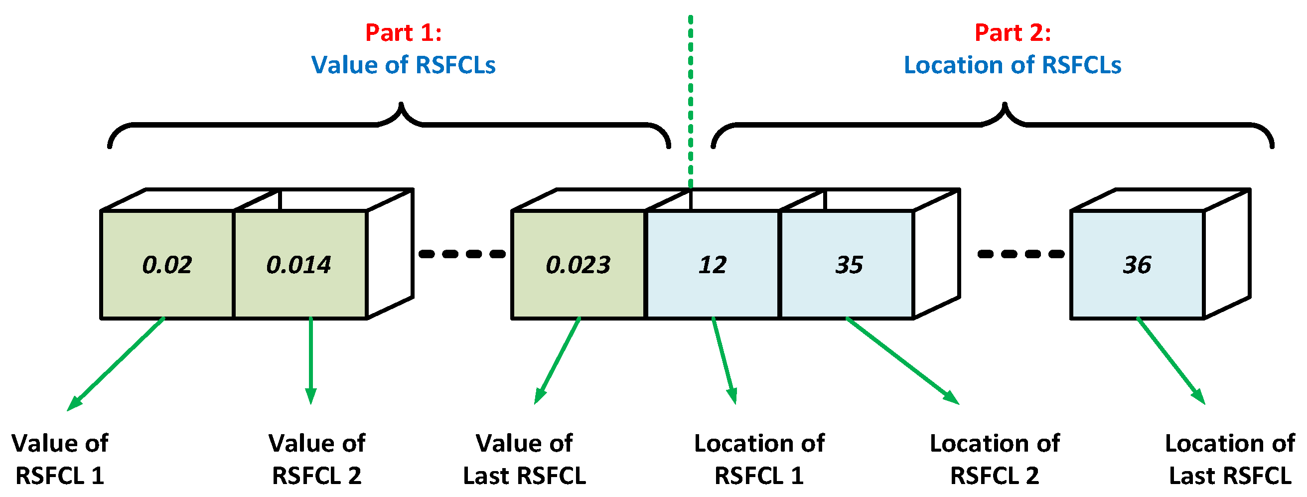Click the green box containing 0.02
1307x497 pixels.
167,265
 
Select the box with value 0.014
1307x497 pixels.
299,265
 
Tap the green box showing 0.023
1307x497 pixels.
578,265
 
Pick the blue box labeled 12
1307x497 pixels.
713,265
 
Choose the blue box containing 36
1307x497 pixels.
1137,265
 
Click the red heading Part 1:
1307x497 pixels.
404,32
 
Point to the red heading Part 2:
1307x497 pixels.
1012,32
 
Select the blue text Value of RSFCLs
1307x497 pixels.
404,65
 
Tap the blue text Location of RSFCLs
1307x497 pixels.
1012,65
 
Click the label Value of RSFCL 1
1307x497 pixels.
60,460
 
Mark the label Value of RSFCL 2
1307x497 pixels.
316,460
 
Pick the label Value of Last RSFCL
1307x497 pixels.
524,460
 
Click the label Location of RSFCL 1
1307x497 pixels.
759,460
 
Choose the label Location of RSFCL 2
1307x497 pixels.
995,460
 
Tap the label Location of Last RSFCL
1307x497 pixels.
1230,460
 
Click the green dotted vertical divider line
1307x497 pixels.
691,102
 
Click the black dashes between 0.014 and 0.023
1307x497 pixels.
462,254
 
